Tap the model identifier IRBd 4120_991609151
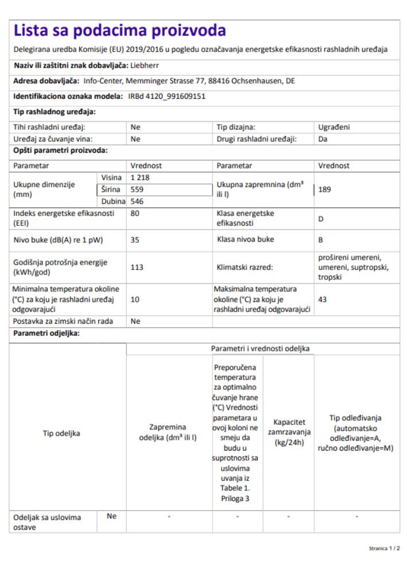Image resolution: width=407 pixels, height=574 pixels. tap(166, 96)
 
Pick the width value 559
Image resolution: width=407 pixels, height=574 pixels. tap(137, 189)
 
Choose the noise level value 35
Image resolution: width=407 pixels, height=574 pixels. tap(135, 241)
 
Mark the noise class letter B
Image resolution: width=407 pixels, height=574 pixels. tap(320, 241)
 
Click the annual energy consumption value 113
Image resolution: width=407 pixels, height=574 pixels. tap(137, 267)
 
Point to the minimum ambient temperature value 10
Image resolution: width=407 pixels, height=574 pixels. tap(135, 300)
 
